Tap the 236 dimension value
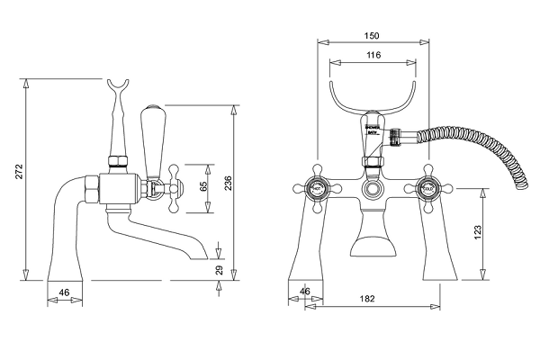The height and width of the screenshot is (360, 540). [229, 184]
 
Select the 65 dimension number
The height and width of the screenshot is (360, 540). [202, 188]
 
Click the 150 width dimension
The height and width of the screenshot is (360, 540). [372, 35]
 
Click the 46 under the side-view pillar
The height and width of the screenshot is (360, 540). [64, 292]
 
